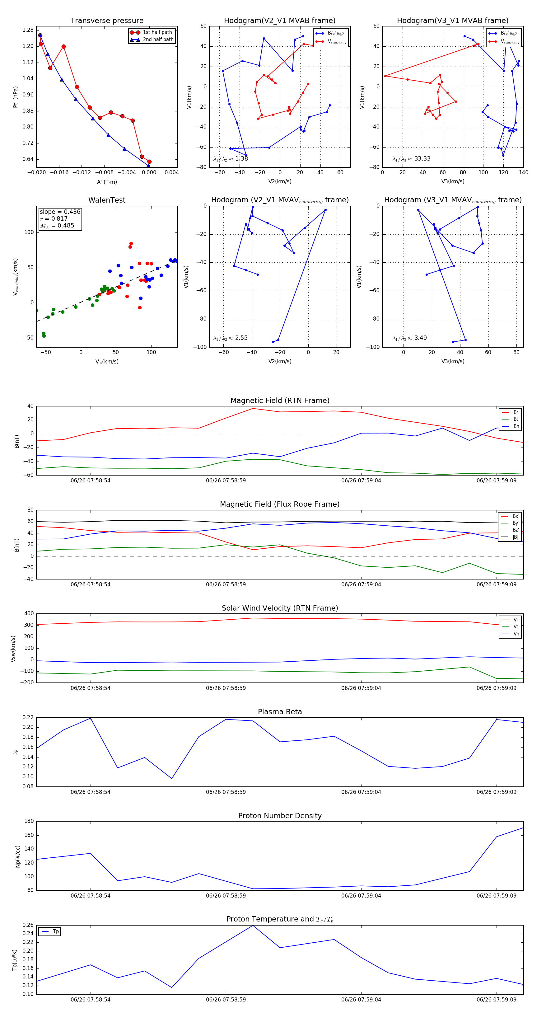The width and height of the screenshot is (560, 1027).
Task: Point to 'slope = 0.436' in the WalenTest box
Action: click(x=60, y=212)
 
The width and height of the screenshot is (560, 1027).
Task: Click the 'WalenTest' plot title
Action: click(x=107, y=200)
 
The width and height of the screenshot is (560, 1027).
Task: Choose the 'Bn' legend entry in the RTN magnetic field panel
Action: click(x=516, y=426)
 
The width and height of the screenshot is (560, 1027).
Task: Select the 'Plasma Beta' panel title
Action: click(x=280, y=712)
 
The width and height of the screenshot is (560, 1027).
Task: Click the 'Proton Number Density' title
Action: click(x=280, y=816)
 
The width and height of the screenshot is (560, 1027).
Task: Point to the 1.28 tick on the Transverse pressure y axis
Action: click(x=28, y=30)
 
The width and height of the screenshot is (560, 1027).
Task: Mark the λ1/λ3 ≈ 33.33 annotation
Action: click(x=411, y=159)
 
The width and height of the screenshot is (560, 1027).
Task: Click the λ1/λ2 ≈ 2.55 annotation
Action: click(x=230, y=338)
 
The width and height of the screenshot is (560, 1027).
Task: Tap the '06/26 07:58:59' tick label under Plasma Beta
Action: click(x=226, y=792)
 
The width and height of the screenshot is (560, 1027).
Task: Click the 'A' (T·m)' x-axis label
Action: click(x=107, y=182)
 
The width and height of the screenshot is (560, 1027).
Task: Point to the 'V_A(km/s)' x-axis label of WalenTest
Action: click(x=107, y=362)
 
